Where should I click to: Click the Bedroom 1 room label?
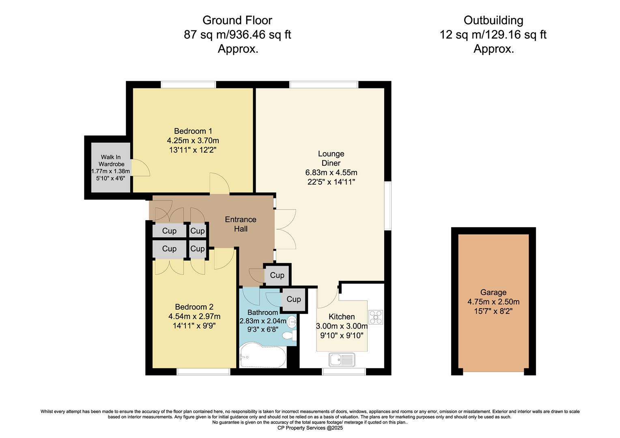(193, 131)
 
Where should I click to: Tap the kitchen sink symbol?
(342, 359)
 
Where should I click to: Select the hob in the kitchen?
(375, 317)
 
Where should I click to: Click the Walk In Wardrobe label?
(111, 161)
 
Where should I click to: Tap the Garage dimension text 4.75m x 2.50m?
(493, 302)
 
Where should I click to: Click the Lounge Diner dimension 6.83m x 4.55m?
(331, 172)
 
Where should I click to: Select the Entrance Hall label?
(241, 224)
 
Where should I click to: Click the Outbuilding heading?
(493, 20)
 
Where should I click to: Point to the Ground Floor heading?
(237, 20)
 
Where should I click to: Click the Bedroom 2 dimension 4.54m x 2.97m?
(194, 316)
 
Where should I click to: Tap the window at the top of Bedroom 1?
(188, 84)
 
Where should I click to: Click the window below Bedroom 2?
(203, 371)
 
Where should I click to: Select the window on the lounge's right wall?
(388, 206)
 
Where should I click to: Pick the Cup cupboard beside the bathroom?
(293, 299)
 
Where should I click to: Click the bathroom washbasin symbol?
(292, 322)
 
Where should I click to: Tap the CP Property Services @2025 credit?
(310, 428)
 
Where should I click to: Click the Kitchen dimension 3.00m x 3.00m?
(342, 326)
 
